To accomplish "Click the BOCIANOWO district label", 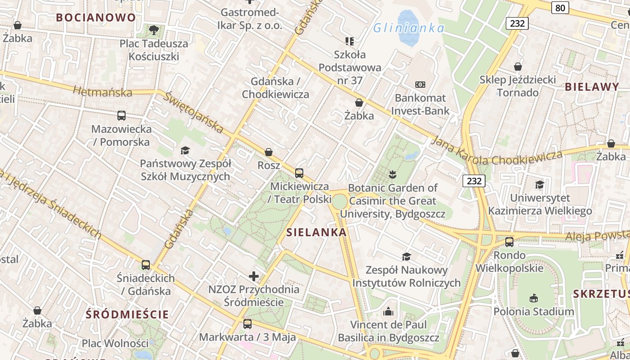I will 95,18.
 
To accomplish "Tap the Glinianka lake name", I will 409,28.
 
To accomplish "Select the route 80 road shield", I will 560,8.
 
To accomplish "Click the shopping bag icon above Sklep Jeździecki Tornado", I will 518,67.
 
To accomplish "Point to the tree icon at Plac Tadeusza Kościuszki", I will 154,30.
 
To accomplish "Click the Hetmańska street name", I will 103,92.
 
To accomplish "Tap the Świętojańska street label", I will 193,112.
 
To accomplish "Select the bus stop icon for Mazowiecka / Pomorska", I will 121,116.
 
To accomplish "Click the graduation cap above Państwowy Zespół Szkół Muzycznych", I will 185,150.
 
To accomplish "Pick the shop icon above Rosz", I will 269,152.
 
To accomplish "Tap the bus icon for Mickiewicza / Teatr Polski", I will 299,173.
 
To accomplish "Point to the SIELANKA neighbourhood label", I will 317,233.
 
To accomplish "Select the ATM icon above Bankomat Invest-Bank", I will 420,85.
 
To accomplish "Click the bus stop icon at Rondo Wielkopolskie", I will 509,242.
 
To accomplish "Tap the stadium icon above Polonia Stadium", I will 534,298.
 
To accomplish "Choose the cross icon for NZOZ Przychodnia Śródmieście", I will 254,276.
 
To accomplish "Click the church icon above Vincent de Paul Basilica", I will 388,311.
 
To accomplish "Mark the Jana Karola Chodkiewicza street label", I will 497,153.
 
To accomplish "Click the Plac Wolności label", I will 115,343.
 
